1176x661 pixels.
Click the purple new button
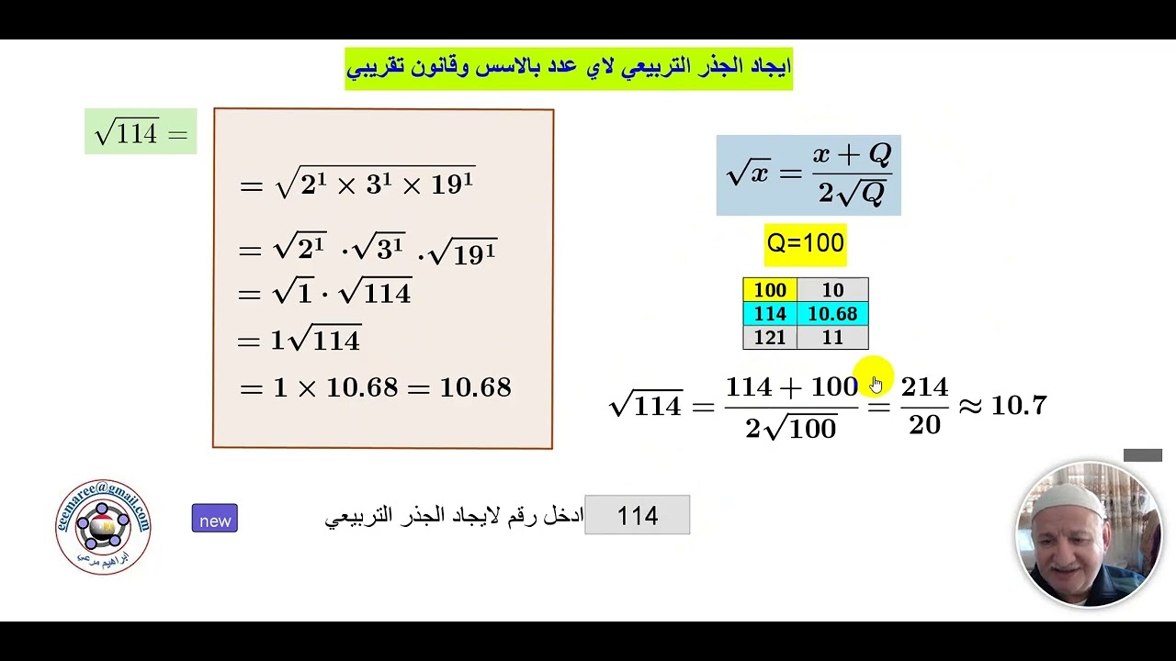tap(214, 519)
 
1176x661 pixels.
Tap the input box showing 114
tap(637, 515)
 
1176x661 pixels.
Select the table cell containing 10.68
tap(832, 314)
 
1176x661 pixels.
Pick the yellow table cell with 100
tap(770, 290)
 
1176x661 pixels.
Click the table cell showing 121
tap(770, 338)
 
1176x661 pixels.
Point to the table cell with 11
tap(832, 338)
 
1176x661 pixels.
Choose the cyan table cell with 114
tap(770, 314)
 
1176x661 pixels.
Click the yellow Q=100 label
tap(805, 243)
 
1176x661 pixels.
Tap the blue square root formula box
tap(808, 175)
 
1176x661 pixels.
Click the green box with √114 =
tap(141, 132)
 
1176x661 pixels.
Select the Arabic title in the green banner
tap(569, 68)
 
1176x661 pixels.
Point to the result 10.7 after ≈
tap(1018, 405)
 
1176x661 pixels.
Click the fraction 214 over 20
tap(924, 406)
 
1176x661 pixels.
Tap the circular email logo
tap(103, 526)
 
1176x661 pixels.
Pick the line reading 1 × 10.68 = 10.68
tap(375, 387)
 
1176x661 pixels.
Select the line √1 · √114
tap(324, 293)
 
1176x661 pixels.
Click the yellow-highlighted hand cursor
tap(874, 382)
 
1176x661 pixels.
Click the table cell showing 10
tap(832, 290)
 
